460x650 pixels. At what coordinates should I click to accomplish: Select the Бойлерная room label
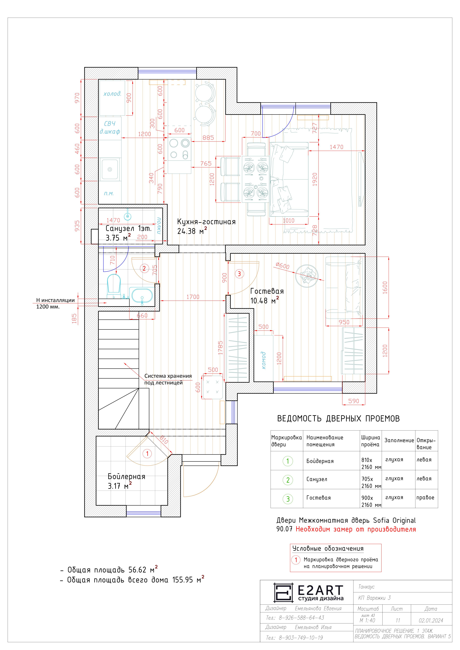(x=126, y=476)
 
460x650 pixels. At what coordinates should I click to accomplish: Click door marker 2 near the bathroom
(x=144, y=268)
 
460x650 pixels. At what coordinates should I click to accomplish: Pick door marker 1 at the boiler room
(x=147, y=454)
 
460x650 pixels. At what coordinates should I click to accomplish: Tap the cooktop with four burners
(x=179, y=149)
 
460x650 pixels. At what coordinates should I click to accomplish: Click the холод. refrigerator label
(x=112, y=94)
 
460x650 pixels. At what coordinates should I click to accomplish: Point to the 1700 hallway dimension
(x=193, y=297)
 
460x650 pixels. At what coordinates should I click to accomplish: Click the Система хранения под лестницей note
(x=168, y=379)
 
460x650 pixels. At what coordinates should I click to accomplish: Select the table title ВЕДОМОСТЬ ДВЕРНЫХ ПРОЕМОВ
(x=338, y=418)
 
